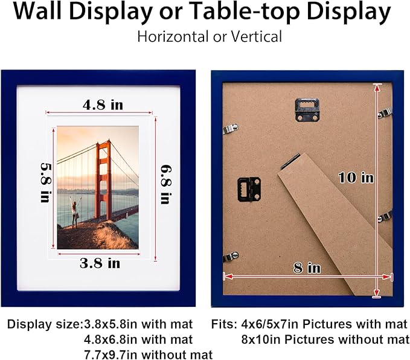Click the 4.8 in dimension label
click(x=103, y=105)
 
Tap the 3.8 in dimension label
click(x=100, y=263)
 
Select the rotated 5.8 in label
click(x=45, y=182)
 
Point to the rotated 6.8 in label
click(x=166, y=184)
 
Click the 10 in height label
click(x=356, y=178)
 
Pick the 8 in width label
click(x=307, y=268)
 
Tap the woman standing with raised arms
click(x=75, y=212)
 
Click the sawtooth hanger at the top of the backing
click(x=307, y=109)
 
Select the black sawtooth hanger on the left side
click(x=249, y=189)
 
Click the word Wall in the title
click(x=37, y=11)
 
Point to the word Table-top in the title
click(x=245, y=11)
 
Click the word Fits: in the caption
click(x=225, y=324)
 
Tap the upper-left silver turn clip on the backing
click(x=231, y=129)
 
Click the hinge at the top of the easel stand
click(x=290, y=161)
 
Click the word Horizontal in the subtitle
click(x=173, y=36)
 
